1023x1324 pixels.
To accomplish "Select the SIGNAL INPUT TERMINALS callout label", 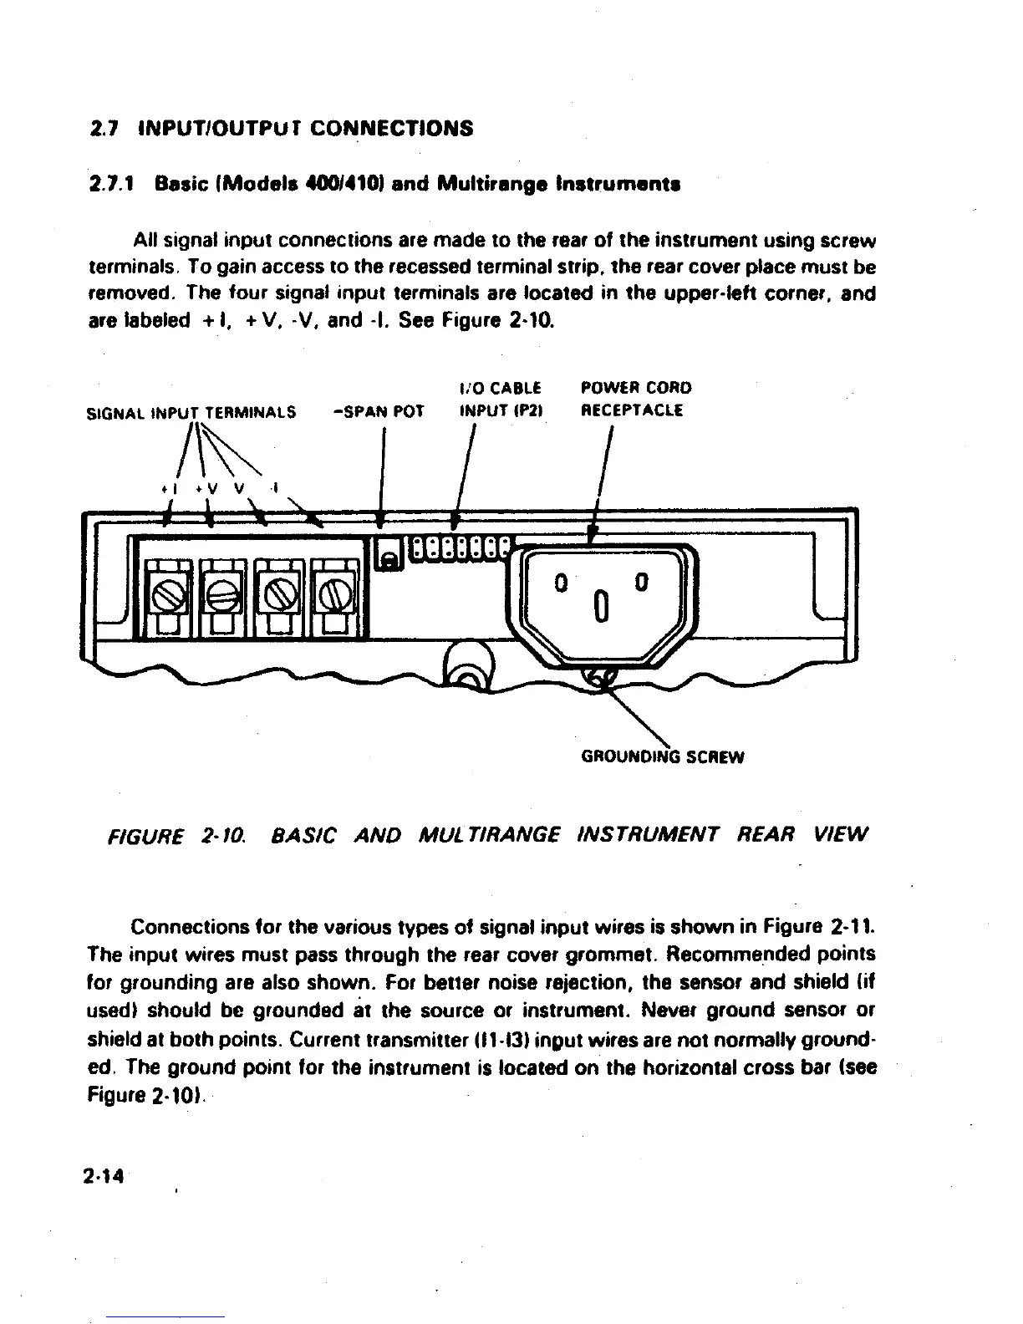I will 191,412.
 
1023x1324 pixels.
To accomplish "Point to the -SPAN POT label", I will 378,412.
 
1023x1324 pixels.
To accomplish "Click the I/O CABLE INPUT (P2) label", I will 501,400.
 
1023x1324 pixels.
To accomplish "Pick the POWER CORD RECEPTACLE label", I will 636,400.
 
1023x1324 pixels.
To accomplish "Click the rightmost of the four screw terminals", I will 333,596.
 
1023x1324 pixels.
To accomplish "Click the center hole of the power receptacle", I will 600,604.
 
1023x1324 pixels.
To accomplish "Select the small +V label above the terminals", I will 206,489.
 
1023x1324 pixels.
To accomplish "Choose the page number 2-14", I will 104,1175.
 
